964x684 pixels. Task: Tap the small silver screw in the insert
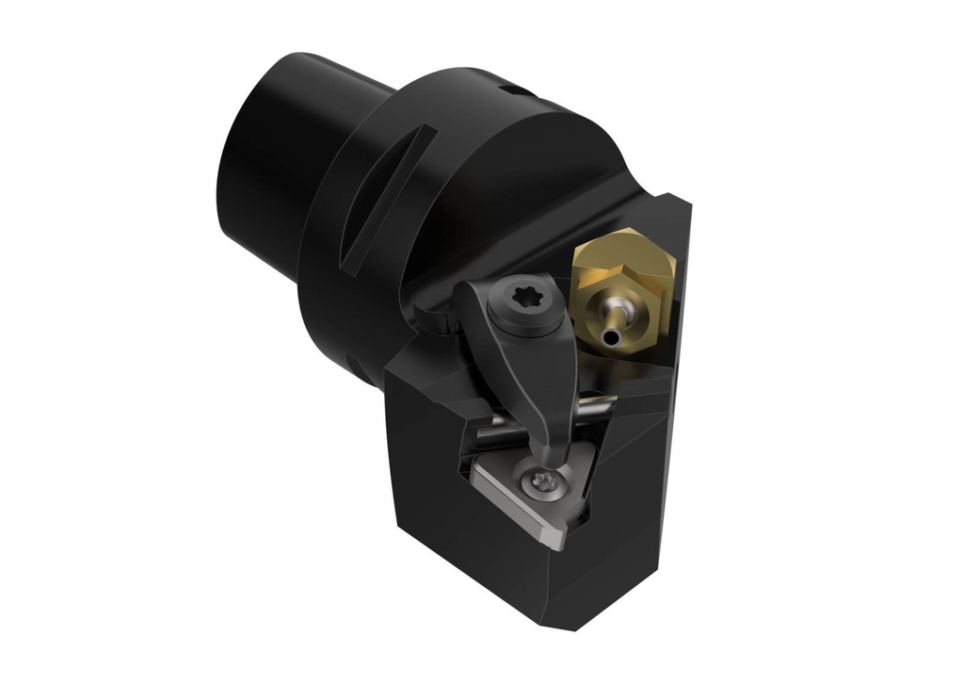coord(541,480)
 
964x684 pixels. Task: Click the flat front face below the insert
coord(452,556)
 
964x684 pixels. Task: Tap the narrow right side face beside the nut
coord(682,311)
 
